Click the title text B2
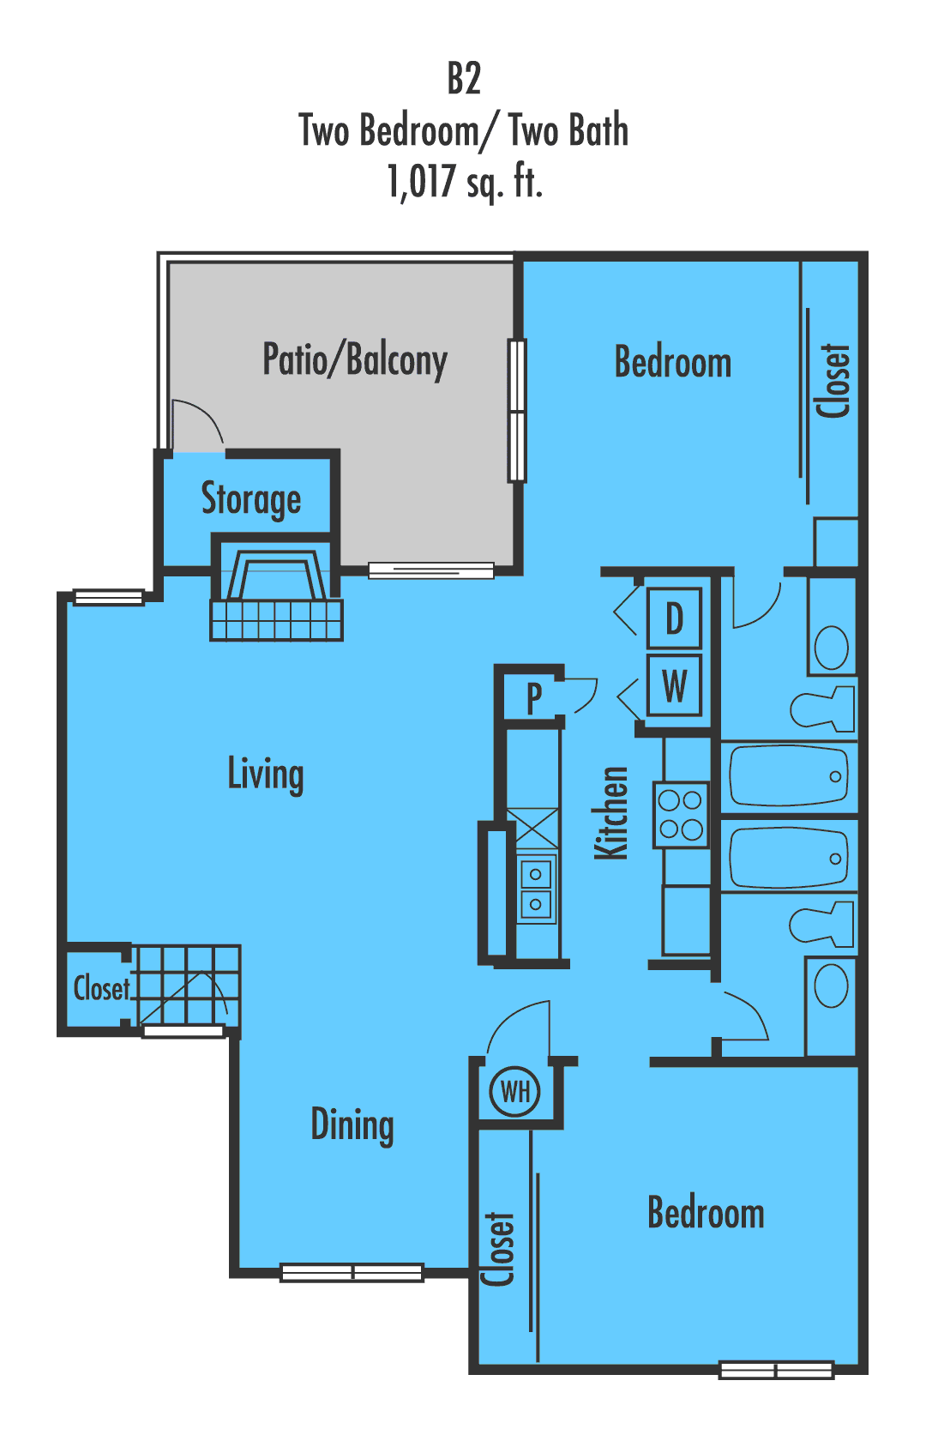tap(464, 78)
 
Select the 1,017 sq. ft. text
tap(464, 181)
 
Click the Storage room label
tap(250, 498)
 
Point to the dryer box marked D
tap(674, 618)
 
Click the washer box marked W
tap(674, 685)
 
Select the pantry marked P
tap(533, 697)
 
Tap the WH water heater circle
tap(514, 1092)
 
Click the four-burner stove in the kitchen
tap(681, 815)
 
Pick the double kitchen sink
tap(536, 889)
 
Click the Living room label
tap(265, 774)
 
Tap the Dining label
tap(352, 1124)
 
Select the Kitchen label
tap(612, 812)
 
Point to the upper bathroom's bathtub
tap(788, 776)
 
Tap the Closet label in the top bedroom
tap(833, 381)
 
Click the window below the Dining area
tap(352, 1272)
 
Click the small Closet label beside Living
tap(101, 988)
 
